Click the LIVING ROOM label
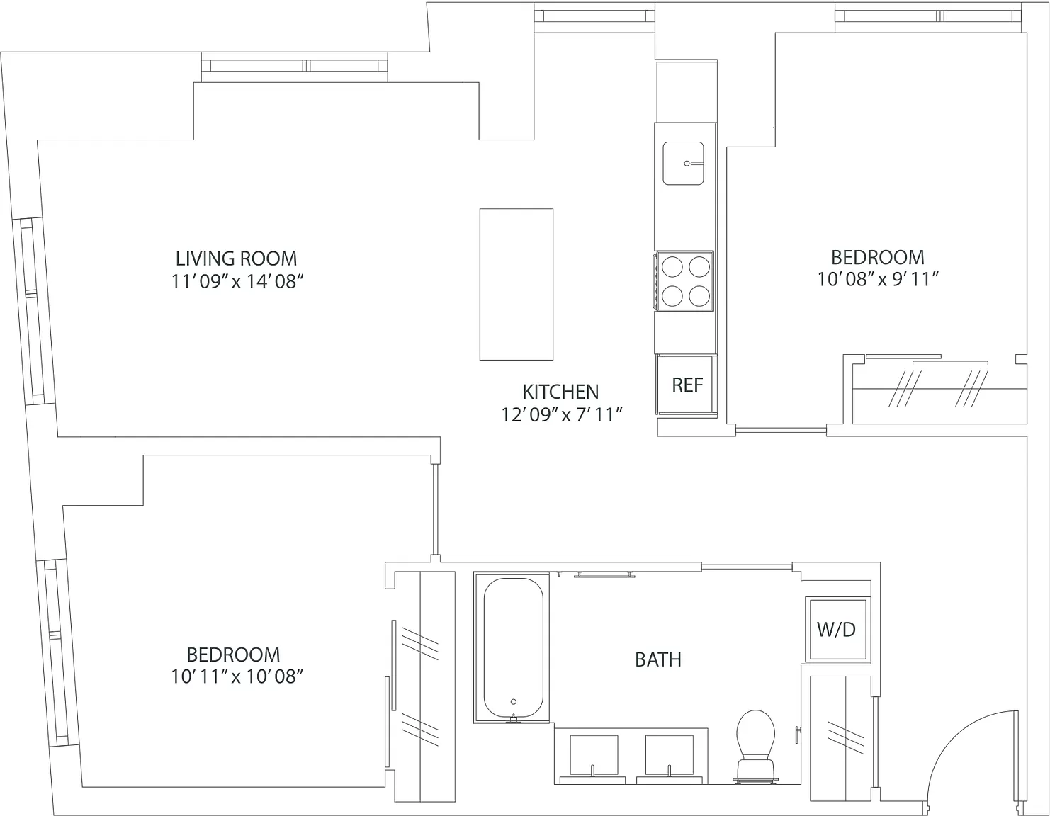[x=236, y=259]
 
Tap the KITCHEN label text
[x=560, y=392]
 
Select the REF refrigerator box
[x=685, y=385]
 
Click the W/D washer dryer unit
[x=837, y=629]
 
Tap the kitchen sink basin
[x=683, y=164]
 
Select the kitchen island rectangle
[x=516, y=284]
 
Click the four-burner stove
[x=684, y=280]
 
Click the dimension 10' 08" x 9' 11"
[x=878, y=280]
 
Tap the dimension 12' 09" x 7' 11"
[x=560, y=414]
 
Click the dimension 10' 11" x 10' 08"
[x=237, y=677]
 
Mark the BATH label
[x=658, y=660]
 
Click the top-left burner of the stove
[x=672, y=266]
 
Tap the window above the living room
[x=294, y=66]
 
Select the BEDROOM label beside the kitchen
[x=878, y=258]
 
